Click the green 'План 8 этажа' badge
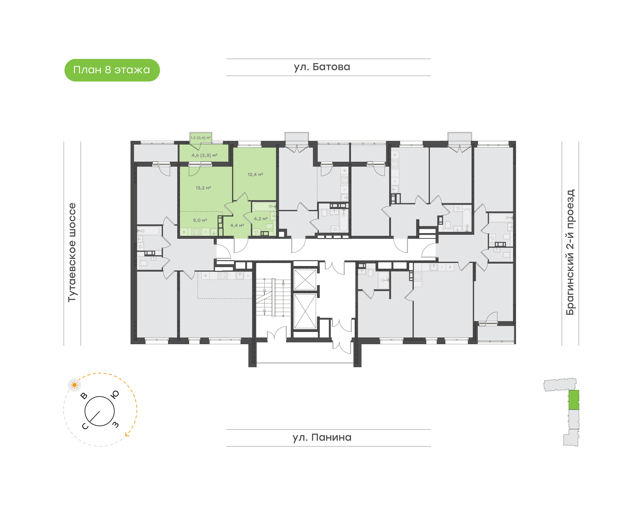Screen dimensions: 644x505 tap(112, 70)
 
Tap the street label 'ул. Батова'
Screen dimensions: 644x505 tap(322, 67)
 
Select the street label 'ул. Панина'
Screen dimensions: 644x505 tap(322, 437)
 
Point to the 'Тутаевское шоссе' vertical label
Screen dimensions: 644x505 tap(72, 252)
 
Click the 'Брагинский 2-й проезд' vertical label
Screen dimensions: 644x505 tap(570, 252)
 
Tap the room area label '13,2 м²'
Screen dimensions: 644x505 tap(203, 188)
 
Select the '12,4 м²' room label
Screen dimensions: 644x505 tap(255, 174)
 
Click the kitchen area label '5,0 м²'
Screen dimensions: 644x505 tap(200, 220)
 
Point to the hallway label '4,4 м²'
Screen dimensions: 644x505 tap(237, 225)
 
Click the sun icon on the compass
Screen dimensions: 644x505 tap(74, 385)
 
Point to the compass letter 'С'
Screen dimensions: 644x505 tap(85, 426)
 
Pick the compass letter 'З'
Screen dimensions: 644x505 tap(116, 425)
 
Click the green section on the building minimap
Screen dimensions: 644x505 tap(574, 400)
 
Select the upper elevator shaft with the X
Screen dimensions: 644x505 tap(305, 279)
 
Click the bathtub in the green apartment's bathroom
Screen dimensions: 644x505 tap(264, 206)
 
